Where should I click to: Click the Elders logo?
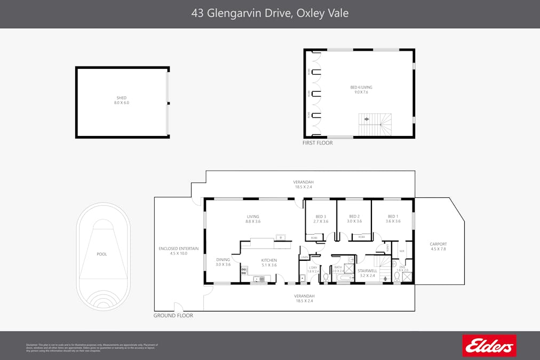click(489, 346)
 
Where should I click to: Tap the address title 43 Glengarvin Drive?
click(269, 13)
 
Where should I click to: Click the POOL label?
click(101, 254)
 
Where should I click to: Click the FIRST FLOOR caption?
click(317, 143)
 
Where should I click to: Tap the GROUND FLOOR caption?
click(173, 316)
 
